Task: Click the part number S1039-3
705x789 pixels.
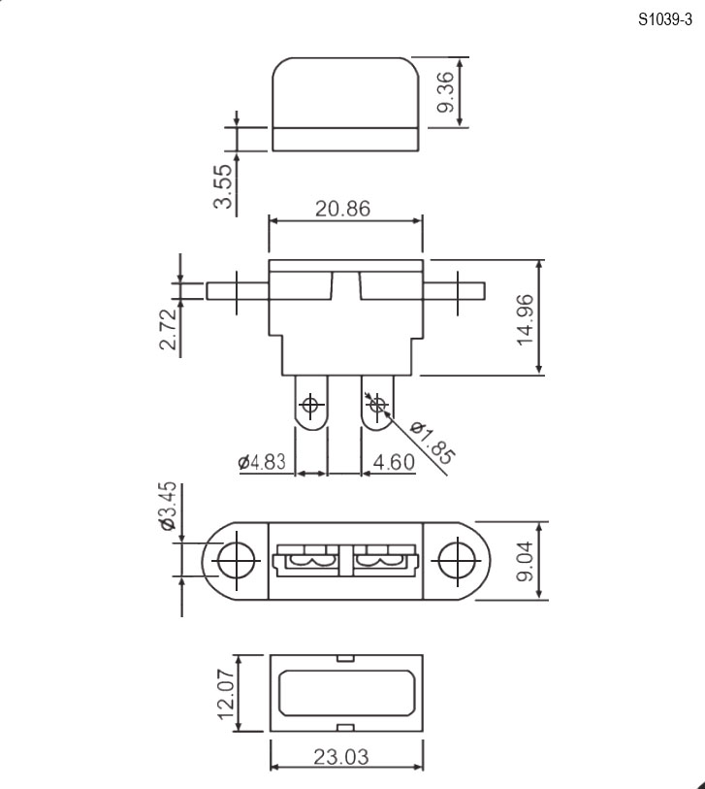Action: [665, 19]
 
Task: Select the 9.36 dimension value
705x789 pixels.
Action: [445, 92]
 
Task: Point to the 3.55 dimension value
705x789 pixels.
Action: [223, 186]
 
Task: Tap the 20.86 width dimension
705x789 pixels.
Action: [342, 209]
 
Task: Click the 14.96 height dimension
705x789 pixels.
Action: [525, 320]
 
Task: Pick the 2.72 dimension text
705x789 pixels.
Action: [168, 329]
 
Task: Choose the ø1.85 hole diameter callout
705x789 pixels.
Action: [433, 443]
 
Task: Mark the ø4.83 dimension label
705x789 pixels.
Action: [262, 461]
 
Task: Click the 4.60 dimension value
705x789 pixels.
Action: [395, 462]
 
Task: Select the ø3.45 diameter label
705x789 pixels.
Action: [168, 506]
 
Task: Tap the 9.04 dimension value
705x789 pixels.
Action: [526, 561]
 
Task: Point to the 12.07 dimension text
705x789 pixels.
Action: [225, 695]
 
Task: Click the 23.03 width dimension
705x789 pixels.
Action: [341, 757]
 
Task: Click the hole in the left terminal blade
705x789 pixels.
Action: [310, 404]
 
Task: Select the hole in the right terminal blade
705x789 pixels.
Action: [377, 404]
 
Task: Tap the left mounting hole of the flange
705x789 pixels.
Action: [237, 561]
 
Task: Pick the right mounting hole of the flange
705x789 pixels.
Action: [457, 561]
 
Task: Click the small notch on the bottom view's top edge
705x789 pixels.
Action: [345, 658]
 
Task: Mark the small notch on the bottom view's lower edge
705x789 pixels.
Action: [345, 728]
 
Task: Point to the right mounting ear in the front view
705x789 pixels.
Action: [454, 291]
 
